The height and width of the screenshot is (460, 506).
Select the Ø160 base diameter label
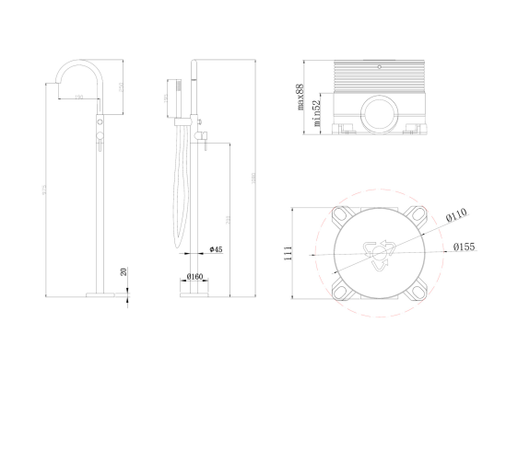click(194, 276)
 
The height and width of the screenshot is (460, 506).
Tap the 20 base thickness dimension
click(125, 272)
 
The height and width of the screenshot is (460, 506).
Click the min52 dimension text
click(316, 109)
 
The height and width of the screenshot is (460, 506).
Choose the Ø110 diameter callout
click(456, 215)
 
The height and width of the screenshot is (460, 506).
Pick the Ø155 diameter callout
click(464, 247)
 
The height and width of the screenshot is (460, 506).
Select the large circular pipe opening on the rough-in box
click(379, 118)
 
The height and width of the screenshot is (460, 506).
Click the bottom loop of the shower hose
click(179, 250)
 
